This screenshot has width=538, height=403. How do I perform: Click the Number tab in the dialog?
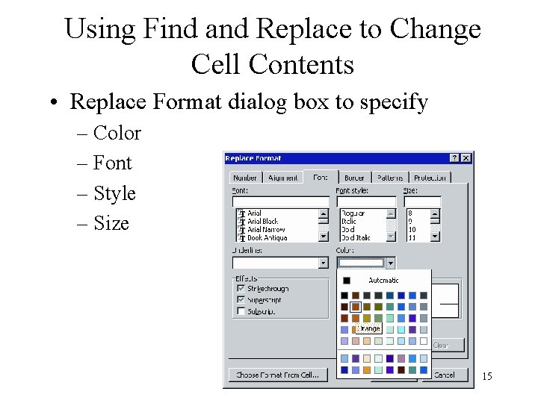245,178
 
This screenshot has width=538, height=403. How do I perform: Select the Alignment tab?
282,178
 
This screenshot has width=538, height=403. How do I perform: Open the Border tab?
354,178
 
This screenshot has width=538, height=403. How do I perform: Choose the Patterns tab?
389,178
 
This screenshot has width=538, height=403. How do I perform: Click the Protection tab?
430,178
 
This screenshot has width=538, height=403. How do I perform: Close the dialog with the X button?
466,158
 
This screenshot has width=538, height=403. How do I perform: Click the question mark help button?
454,158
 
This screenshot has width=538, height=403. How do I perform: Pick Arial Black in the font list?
262,221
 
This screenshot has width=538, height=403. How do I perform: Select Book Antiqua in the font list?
267,237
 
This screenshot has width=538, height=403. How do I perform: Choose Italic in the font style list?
349,221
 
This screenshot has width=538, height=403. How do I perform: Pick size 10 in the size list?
412,229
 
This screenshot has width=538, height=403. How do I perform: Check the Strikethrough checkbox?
241,288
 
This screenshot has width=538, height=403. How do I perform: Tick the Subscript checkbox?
241,311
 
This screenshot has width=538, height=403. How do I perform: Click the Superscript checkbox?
241,299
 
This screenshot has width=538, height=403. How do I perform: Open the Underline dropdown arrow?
324,263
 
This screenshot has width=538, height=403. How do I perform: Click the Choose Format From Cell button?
277,375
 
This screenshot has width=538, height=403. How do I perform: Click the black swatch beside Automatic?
347,281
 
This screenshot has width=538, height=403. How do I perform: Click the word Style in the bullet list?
114,193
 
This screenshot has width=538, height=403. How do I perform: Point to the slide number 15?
486,376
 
